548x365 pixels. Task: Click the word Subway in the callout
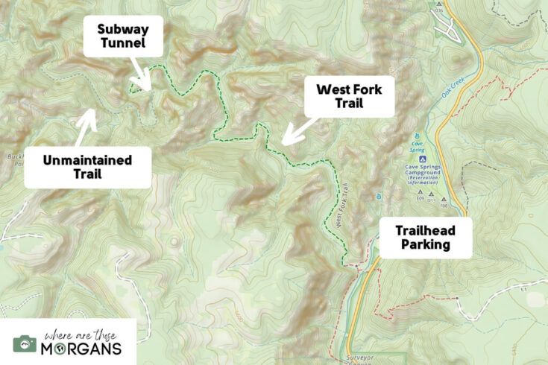pyautogui.click(x=122, y=29)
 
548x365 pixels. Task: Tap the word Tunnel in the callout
pyautogui.click(x=122, y=44)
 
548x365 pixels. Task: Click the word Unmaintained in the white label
pyautogui.click(x=87, y=159)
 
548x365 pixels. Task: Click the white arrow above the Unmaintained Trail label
pyautogui.click(x=85, y=127)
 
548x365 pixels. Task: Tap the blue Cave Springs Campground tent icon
pyautogui.click(x=423, y=159)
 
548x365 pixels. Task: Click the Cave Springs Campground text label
pyautogui.click(x=423, y=172)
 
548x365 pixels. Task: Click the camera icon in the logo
pyautogui.click(x=25, y=343)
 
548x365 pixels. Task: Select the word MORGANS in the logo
pyautogui.click(x=82, y=349)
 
